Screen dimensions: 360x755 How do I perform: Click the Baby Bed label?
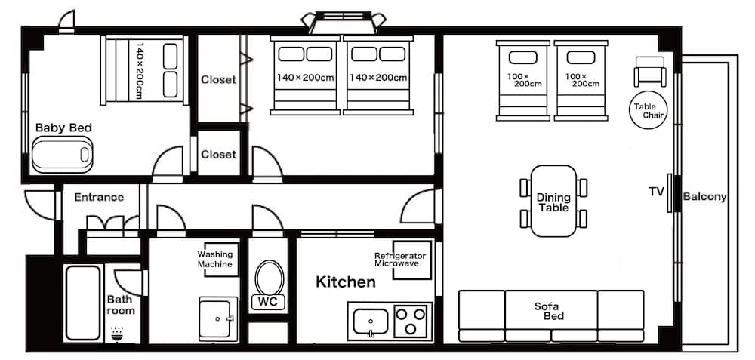click(63, 128)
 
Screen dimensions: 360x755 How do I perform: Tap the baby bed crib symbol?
click(62, 155)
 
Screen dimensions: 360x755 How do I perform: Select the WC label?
click(267, 302)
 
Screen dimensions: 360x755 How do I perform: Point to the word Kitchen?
click(345, 282)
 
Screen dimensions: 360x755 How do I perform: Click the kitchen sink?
click(371, 320)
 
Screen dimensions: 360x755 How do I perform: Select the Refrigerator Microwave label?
click(400, 260)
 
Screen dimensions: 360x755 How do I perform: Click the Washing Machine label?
click(215, 260)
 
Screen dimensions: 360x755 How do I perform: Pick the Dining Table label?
click(553, 202)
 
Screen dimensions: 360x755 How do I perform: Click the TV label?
click(656, 192)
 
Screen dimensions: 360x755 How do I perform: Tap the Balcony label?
click(704, 197)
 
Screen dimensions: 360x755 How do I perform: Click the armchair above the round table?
click(650, 72)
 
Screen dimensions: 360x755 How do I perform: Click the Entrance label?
click(99, 198)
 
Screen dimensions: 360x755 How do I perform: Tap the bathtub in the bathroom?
click(82, 302)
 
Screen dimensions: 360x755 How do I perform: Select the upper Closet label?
click(218, 79)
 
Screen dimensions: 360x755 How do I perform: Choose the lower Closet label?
click(218, 154)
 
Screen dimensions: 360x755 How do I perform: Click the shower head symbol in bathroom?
click(117, 332)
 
